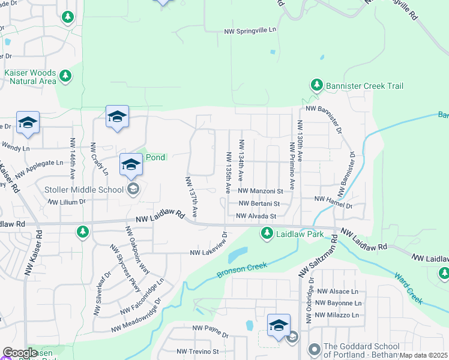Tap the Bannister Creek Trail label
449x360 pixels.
coord(364,86)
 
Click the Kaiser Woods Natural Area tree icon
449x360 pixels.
coord(65,76)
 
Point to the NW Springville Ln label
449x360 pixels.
coord(250,31)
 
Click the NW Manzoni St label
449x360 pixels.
coord(261,191)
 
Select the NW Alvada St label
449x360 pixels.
coord(256,216)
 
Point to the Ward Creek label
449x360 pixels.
coord(409,287)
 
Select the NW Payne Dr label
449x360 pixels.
coord(207,329)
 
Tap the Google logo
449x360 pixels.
coord(20,353)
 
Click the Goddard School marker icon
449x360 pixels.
coord(313,349)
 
